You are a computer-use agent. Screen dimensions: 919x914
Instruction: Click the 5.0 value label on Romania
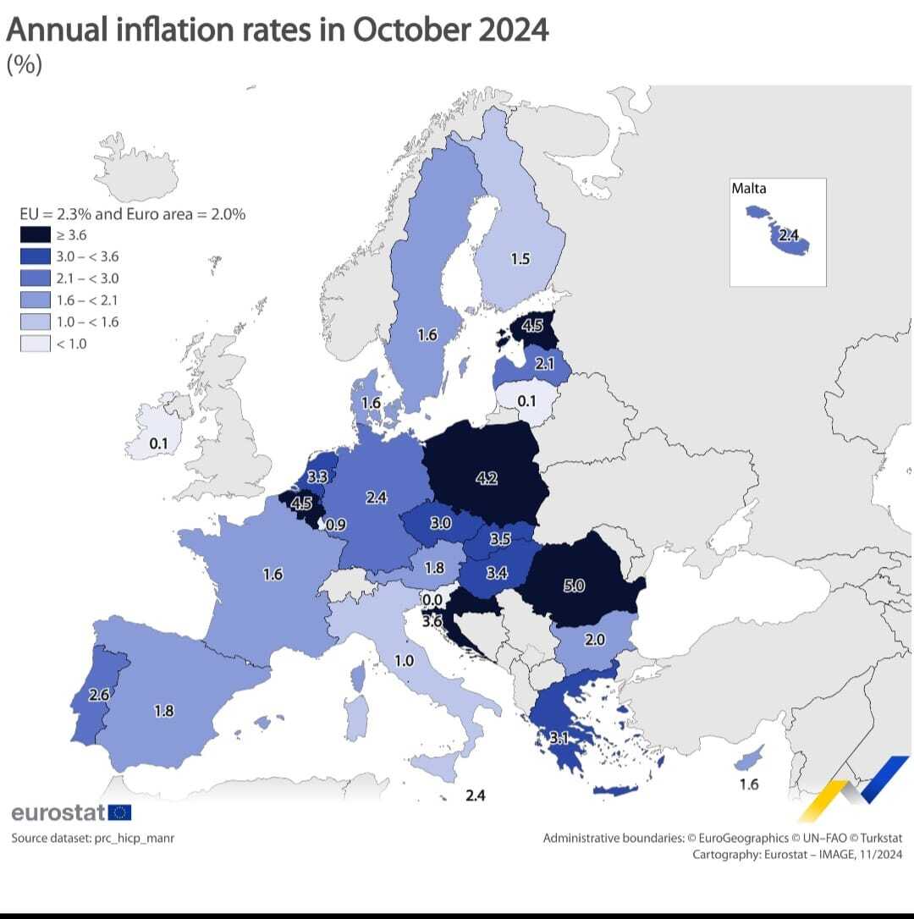(x=574, y=585)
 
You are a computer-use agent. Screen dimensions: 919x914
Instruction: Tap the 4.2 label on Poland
(x=487, y=478)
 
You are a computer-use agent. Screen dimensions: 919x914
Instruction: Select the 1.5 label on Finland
(x=520, y=258)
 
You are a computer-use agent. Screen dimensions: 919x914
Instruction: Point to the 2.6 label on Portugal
(x=100, y=695)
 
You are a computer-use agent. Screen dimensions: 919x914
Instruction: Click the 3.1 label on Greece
(x=559, y=738)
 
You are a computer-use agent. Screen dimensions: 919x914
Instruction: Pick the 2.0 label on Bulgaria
(x=595, y=639)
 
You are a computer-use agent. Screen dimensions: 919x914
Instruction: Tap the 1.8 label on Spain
(x=164, y=711)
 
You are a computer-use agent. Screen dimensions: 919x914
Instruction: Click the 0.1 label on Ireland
(x=158, y=443)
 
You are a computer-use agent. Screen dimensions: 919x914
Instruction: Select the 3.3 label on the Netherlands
(x=317, y=477)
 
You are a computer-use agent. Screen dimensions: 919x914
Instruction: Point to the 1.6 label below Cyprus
(x=749, y=784)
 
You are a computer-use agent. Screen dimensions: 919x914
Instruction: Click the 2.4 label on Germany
(x=377, y=498)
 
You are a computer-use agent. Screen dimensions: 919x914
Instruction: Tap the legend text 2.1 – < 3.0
(x=87, y=278)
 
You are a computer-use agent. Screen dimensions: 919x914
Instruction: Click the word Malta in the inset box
(x=749, y=189)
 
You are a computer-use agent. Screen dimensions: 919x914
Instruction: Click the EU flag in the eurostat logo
(x=120, y=813)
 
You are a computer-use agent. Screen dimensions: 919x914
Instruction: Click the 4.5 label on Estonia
(x=532, y=326)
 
